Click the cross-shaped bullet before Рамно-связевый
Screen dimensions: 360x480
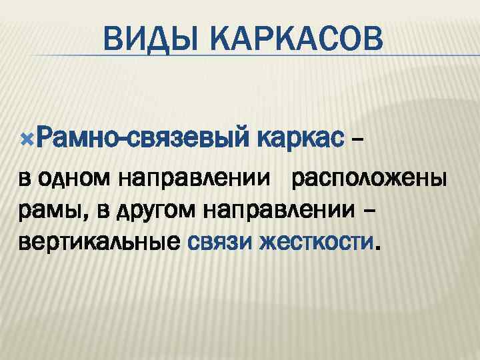click(x=26, y=141)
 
